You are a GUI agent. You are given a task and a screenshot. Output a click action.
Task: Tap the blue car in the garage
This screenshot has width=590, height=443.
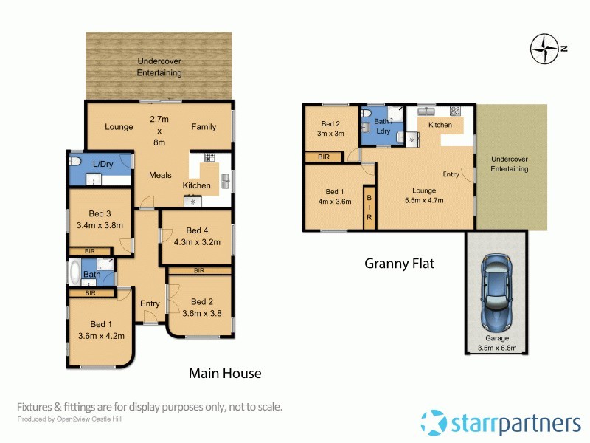coord(496,292)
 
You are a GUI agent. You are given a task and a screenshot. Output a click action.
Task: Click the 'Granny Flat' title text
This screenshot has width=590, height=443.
coord(399,263)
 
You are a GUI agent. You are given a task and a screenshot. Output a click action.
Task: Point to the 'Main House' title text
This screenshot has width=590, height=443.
coord(225,374)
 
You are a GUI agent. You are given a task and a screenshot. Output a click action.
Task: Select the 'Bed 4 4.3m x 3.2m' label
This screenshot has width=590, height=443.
coord(196,235)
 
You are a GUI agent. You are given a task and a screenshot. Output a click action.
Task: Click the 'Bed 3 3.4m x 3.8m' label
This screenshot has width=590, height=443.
coord(99,220)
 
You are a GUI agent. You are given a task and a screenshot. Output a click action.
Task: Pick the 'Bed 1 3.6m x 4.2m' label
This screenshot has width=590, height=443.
coord(101,329)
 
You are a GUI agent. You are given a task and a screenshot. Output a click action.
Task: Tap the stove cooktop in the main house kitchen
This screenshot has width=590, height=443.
coord(209,157)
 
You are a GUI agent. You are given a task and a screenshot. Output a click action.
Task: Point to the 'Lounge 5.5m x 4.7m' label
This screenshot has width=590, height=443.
coord(420,194)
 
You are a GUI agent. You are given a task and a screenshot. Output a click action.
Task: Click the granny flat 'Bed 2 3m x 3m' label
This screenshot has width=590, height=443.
coord(330,129)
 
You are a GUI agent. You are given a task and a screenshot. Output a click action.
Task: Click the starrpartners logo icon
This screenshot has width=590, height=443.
coord(434,422)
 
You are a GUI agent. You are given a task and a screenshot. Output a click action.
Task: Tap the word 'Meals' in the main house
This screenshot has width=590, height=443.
coord(160,175)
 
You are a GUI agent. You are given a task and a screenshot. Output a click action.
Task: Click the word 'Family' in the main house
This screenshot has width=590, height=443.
coord(204,126)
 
